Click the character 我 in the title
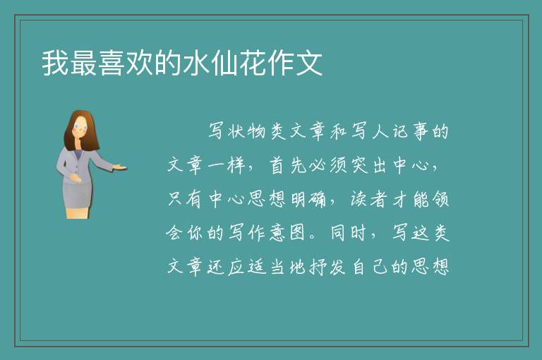coord(55,63)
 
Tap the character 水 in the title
coord(196,63)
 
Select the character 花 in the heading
coord(253,63)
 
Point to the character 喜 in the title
coord(112,63)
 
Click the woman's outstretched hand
coord(119,167)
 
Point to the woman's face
coord(80,127)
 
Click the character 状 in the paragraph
coord(236,131)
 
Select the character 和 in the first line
coord(339,131)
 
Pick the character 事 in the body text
coord(420,131)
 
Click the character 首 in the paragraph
coord(277,165)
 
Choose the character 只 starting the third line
coord(175,199)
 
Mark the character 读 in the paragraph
coord(359,199)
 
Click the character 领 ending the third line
coord(440,199)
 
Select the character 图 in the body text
coord(297,233)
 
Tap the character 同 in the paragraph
coord(339,233)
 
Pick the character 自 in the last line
coord(359,267)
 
